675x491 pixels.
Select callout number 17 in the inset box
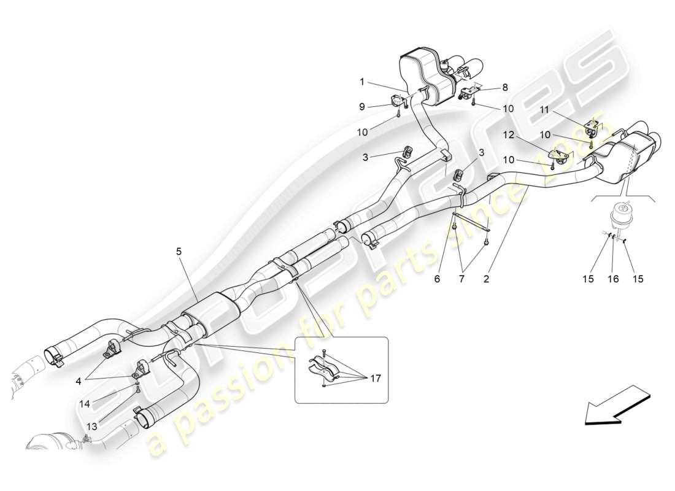[376, 379]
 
